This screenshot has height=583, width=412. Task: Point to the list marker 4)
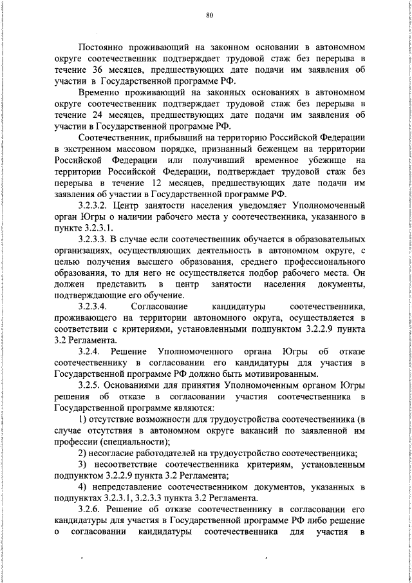click(x=82, y=487)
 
